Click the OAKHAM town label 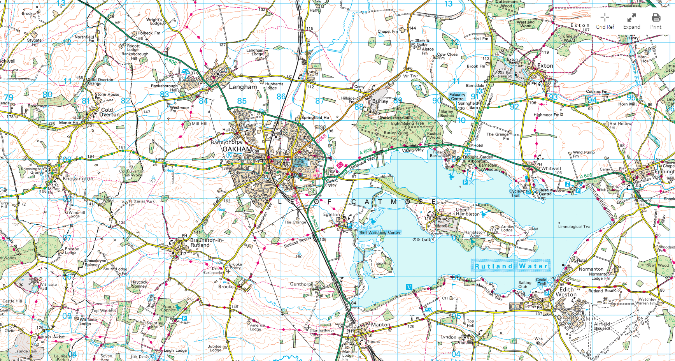point(237,149)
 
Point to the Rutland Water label point(511,266)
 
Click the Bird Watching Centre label point(380,232)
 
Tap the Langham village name point(243,87)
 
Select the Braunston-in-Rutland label point(206,243)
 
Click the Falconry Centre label point(457,97)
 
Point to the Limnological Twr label point(574,226)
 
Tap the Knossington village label point(78,179)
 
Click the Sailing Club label point(525,285)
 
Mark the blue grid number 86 point(281,97)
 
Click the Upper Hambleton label point(468,212)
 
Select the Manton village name point(380,325)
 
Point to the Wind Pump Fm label point(583,154)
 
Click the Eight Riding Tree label point(407,123)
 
